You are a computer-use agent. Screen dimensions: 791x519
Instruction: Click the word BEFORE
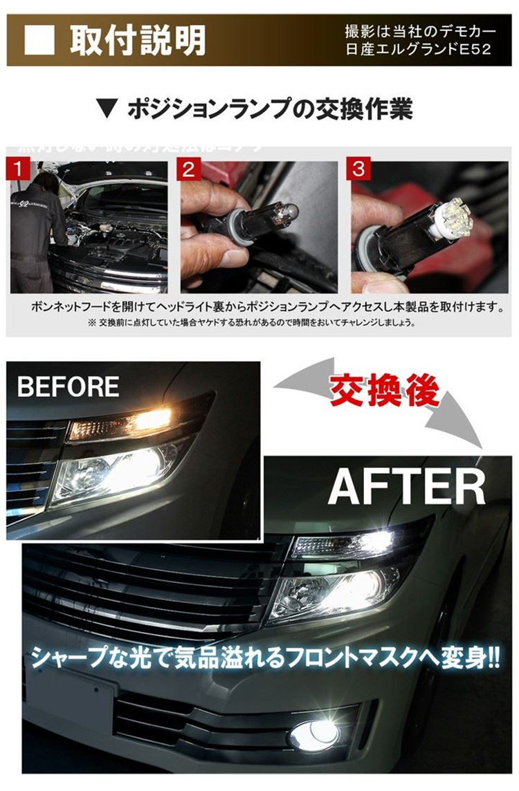point(68,387)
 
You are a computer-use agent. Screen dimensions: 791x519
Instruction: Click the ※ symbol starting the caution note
point(92,322)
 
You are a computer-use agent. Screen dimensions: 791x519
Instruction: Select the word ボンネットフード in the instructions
point(73,306)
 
